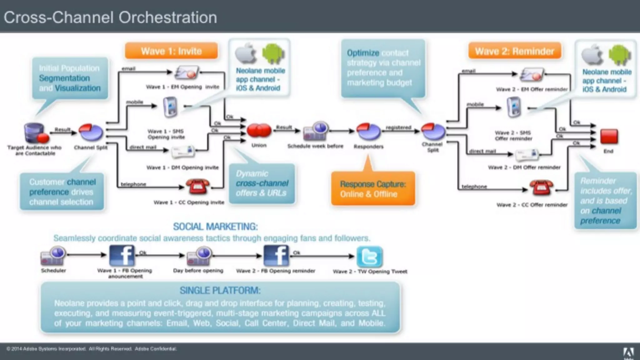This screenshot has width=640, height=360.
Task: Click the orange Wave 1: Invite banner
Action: (x=171, y=51)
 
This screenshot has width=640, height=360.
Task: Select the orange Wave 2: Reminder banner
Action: (x=514, y=51)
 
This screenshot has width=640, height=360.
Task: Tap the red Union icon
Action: (x=259, y=131)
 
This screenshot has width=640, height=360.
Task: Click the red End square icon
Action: (x=609, y=137)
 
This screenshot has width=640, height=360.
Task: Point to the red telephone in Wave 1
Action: (x=197, y=187)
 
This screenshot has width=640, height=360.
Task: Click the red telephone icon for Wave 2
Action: (x=541, y=187)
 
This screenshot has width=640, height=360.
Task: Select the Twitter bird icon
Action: (x=370, y=257)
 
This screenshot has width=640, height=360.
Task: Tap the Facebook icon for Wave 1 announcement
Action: (x=122, y=255)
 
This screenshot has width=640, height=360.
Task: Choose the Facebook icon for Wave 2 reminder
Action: (x=276, y=256)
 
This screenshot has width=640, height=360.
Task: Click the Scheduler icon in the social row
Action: (x=53, y=256)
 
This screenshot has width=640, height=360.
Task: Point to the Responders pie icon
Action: (x=368, y=131)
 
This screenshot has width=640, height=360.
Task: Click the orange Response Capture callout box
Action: (x=373, y=189)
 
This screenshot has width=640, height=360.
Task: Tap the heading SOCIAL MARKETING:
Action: (x=215, y=227)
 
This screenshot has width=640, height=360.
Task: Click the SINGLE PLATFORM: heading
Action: (x=220, y=291)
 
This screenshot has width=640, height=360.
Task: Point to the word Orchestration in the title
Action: (x=168, y=17)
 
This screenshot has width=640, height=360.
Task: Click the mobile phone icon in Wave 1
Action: (x=170, y=107)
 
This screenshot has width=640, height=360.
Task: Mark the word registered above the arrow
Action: (x=398, y=127)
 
